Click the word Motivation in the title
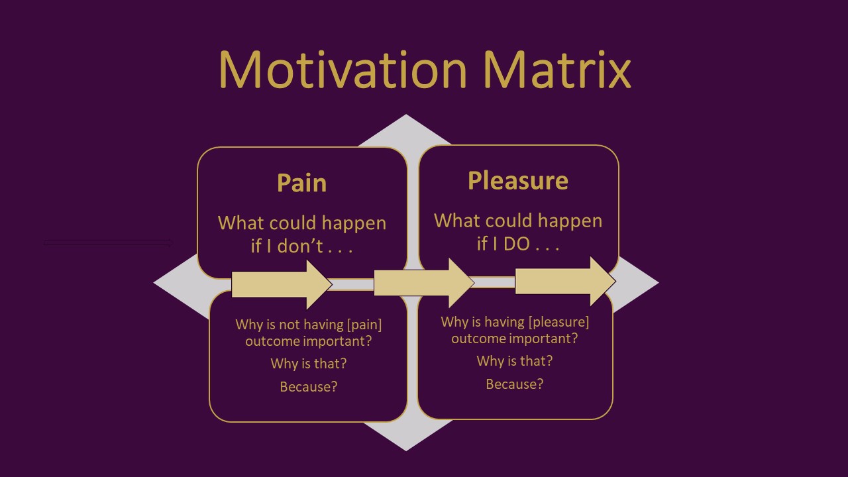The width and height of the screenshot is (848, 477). [x=343, y=70]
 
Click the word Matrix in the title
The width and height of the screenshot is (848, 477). [x=557, y=70]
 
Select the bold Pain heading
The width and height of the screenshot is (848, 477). [x=301, y=184]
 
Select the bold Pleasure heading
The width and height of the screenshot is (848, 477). [x=518, y=181]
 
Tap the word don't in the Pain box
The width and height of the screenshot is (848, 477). [x=300, y=246]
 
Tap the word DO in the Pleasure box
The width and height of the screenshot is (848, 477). [x=517, y=244]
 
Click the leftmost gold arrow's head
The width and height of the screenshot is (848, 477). [x=319, y=284]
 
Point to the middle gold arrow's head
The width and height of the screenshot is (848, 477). [x=461, y=282]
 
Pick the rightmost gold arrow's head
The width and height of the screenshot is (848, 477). [x=603, y=282]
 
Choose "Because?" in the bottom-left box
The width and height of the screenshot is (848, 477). [x=309, y=386]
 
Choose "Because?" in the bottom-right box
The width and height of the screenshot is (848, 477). [x=515, y=384]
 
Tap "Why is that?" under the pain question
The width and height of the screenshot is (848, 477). [x=309, y=364]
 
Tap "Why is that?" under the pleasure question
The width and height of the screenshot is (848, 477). [x=515, y=361]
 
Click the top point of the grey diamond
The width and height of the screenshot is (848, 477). [x=406, y=115]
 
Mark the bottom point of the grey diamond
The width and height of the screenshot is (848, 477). [x=406, y=450]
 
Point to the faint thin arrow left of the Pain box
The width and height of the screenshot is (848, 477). [x=109, y=242]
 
